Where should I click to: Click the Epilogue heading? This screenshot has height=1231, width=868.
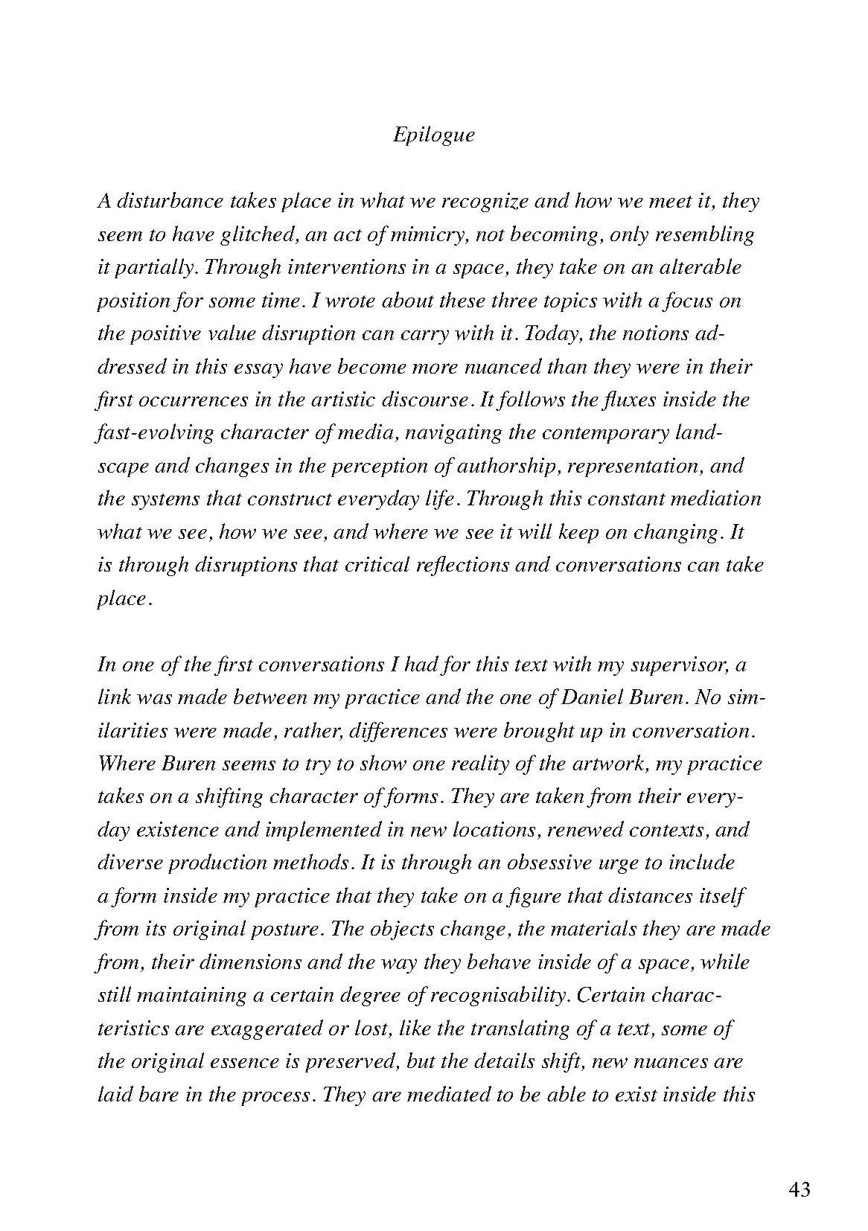pos(433,135)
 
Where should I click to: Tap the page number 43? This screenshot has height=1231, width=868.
pos(799,1189)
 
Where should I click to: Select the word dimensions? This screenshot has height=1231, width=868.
pos(243,962)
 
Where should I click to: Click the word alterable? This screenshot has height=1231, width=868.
pos(701,267)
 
